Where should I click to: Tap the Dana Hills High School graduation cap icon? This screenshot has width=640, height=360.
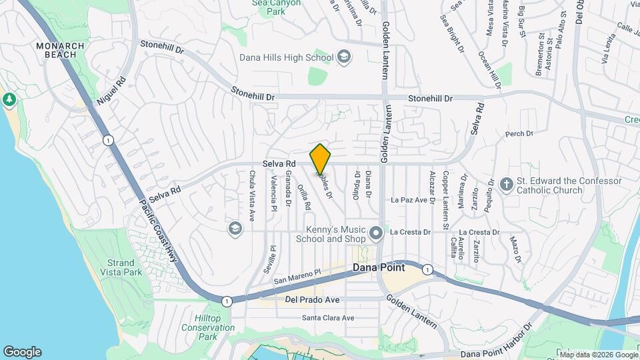(x=343, y=57)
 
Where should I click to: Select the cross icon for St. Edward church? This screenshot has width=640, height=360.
(x=507, y=183)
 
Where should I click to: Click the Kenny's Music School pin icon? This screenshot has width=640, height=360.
(x=377, y=233)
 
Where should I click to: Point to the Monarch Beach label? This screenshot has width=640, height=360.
(x=60, y=50)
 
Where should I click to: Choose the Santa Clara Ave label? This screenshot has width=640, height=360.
(x=328, y=318)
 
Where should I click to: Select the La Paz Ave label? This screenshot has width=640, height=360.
(x=409, y=199)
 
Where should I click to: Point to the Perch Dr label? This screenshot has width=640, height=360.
(x=520, y=134)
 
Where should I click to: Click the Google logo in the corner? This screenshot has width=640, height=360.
(x=22, y=351)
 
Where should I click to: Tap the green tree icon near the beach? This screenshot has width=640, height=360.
(x=9, y=100)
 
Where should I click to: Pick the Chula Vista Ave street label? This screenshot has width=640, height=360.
(x=252, y=196)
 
